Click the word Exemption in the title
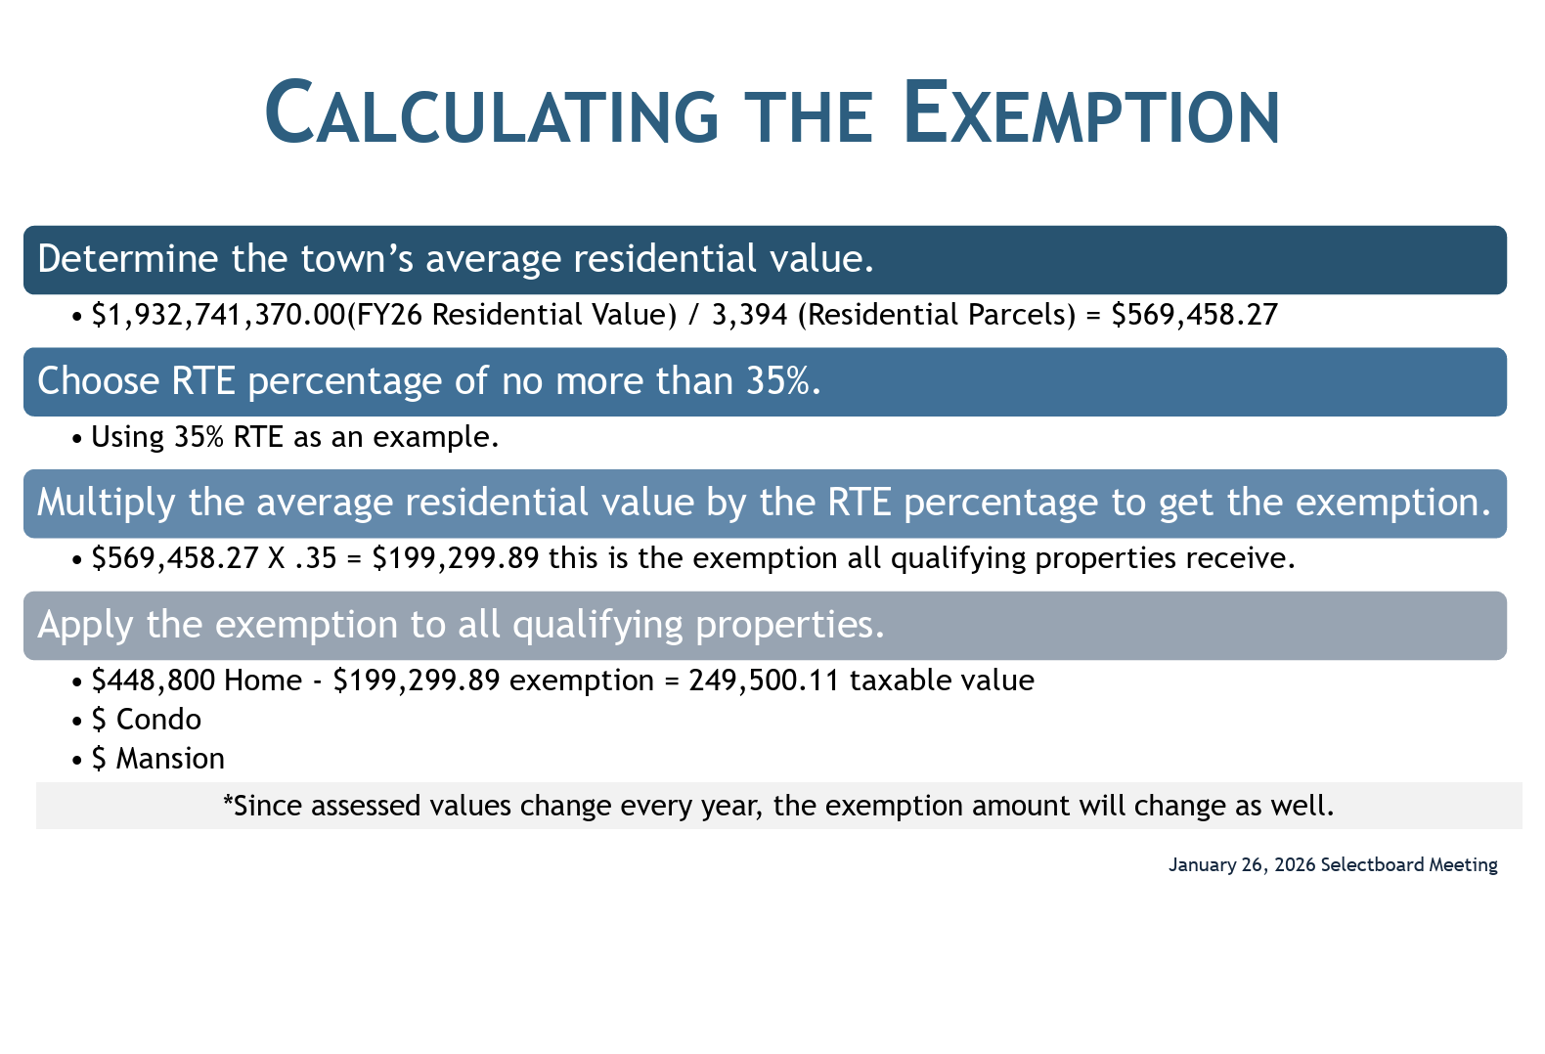1091,112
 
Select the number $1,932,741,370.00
219,315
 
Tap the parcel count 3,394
749,315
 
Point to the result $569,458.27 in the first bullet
1195,315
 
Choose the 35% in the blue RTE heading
778,380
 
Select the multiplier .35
315,558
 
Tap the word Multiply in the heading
107,503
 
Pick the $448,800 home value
154,681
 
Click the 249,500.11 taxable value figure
764,681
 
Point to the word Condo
158,721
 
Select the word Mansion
170,760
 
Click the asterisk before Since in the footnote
228,800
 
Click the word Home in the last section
263,681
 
